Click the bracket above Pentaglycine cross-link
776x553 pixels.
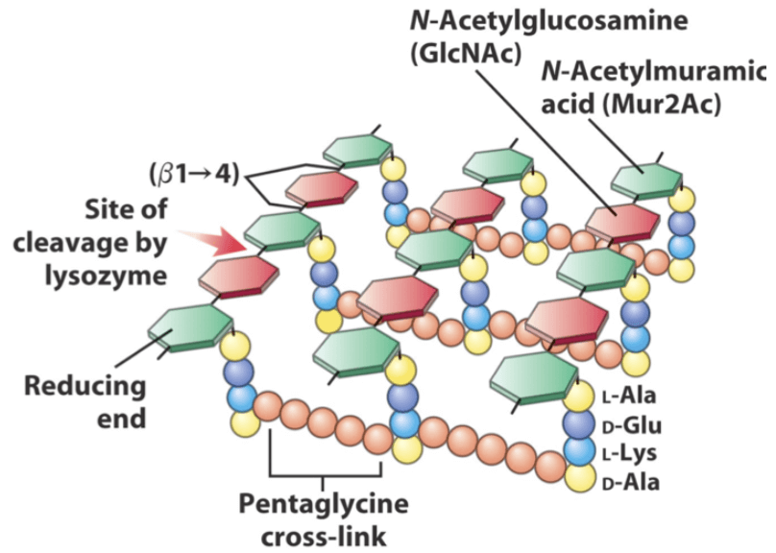(x=327, y=473)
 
